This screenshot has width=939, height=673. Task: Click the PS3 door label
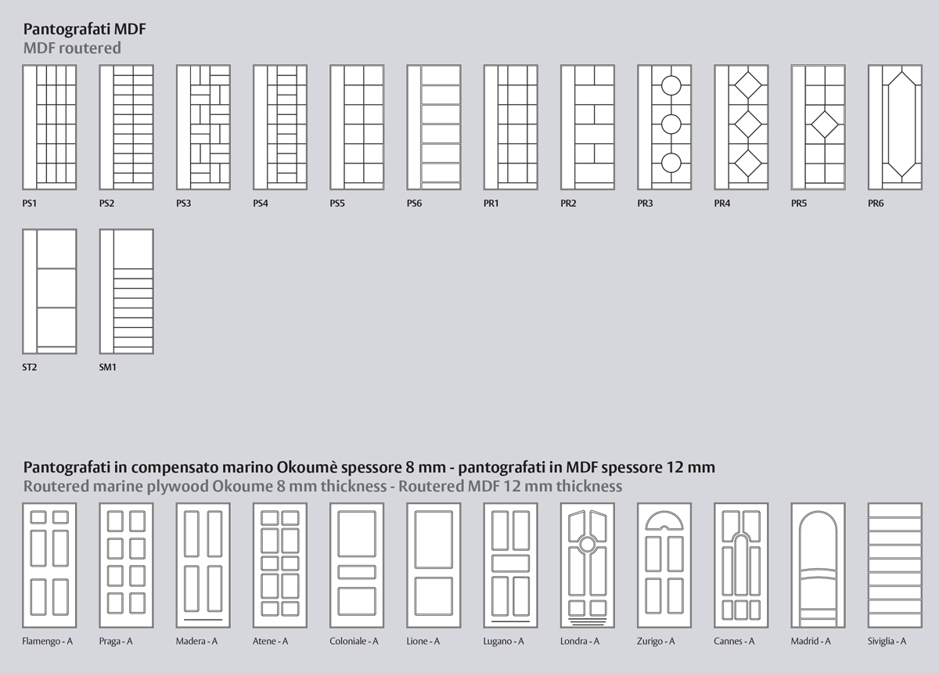(184, 203)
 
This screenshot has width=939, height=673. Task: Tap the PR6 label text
(876, 203)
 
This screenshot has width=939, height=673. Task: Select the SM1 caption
(108, 367)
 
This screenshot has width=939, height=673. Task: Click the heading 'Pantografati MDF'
(85, 29)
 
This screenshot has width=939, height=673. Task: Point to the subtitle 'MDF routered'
(72, 48)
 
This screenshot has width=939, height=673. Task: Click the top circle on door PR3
(671, 85)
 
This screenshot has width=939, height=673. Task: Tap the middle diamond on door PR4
(748, 124)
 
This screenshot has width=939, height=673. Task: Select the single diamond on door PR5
(825, 124)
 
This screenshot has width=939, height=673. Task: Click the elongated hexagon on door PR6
(888, 124)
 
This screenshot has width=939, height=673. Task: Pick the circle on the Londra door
(588, 544)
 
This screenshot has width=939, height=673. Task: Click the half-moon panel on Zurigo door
(664, 521)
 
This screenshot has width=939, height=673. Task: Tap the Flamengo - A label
(48, 641)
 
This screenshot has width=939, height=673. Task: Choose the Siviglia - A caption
(887, 641)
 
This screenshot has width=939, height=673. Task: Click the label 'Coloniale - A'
(354, 641)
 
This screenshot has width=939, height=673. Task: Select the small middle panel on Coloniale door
(357, 572)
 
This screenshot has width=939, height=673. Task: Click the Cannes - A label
(734, 641)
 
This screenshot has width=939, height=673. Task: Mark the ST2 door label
(30, 367)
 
